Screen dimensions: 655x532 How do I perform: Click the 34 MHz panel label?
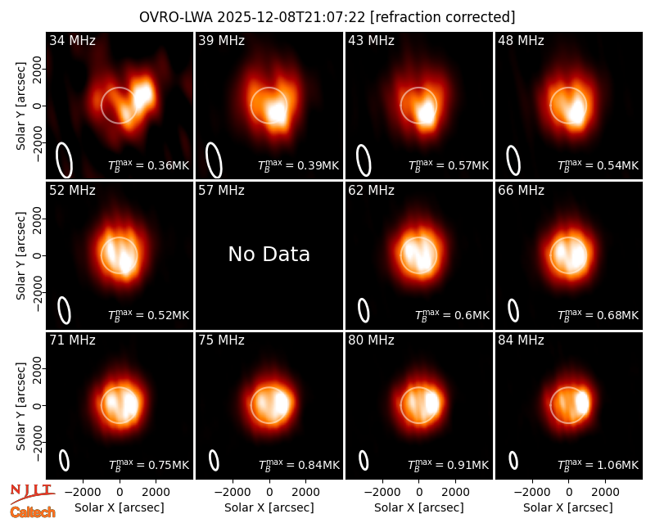click(72, 40)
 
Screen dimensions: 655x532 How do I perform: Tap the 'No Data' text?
click(269, 254)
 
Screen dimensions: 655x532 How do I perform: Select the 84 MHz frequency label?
click(521, 340)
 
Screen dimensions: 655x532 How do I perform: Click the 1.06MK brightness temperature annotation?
click(599, 464)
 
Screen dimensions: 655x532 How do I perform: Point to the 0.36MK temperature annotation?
click(149, 165)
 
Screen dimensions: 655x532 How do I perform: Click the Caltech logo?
click(33, 512)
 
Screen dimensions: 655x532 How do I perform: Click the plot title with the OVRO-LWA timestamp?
click(327, 17)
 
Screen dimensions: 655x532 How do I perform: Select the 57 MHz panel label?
click(221, 191)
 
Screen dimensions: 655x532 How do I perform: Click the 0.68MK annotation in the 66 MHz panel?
click(599, 314)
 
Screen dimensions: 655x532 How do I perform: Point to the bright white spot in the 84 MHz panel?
click(583, 403)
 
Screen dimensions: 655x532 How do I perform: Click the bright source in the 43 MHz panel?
click(427, 112)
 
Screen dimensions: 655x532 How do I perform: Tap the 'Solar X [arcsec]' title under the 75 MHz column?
click(269, 507)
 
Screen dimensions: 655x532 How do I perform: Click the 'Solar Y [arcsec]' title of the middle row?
click(20, 255)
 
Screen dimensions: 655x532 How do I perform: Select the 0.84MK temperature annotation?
click(299, 464)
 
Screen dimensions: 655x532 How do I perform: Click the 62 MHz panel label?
click(372, 191)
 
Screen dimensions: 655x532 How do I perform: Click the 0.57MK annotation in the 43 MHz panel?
click(449, 165)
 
